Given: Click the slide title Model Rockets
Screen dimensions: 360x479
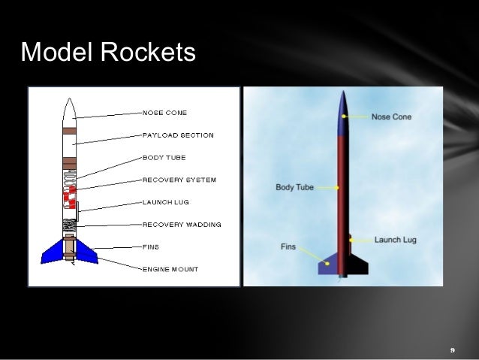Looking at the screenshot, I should (108, 53).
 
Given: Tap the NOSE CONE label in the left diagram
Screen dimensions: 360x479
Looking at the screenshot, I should (164, 113).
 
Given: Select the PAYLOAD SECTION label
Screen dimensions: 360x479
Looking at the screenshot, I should (178, 135).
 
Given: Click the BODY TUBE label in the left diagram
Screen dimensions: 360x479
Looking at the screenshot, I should (164, 158).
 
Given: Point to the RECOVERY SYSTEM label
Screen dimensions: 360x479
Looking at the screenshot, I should (179, 180).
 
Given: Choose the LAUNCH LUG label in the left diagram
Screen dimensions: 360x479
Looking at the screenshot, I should (167, 202).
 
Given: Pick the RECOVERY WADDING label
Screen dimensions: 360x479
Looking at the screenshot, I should (181, 224).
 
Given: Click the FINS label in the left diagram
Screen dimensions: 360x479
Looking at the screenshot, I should (150, 247).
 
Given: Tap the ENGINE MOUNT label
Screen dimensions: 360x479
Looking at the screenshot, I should (170, 268).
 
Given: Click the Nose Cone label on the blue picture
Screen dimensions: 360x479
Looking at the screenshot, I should (391, 116).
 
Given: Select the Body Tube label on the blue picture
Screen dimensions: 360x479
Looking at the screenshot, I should (294, 187).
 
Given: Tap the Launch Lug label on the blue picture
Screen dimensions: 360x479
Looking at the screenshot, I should (395, 240).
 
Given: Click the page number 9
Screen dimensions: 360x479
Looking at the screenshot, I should (452, 350).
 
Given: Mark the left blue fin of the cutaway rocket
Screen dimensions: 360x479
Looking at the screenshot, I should (54, 251).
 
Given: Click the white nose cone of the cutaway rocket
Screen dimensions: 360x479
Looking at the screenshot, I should (68, 113).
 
